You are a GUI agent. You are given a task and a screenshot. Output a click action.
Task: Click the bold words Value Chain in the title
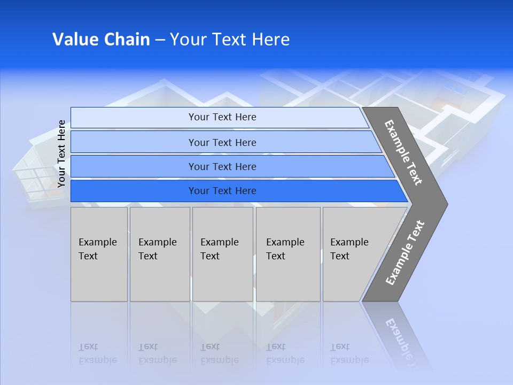point(101,40)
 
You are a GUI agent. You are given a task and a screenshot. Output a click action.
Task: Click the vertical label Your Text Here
point(61,153)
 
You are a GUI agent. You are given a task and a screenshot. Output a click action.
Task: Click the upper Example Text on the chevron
point(403,152)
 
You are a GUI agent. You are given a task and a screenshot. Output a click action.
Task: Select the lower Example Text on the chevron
point(405,253)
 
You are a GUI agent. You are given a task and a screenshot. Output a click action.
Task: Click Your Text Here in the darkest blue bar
point(222,191)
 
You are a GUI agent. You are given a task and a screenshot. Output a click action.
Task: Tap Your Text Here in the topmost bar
point(222,117)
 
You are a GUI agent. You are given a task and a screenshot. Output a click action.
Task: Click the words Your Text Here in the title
point(230,40)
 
